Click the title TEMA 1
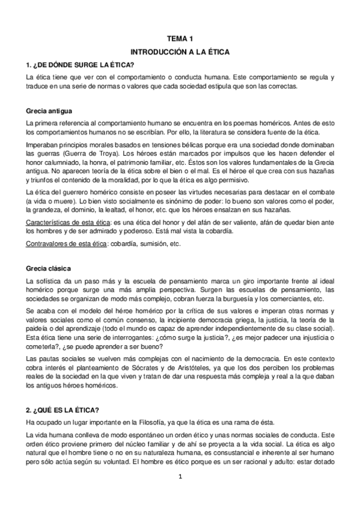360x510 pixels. click(180, 38)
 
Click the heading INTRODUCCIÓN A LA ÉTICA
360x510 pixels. click(180, 52)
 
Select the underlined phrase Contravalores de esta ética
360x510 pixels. click(63, 244)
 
